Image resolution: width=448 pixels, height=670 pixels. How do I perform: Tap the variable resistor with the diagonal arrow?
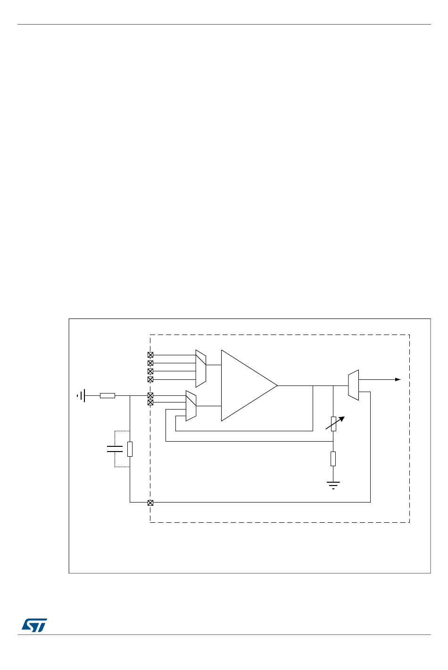click(333, 424)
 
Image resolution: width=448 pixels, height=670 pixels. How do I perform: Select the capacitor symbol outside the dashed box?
click(115, 448)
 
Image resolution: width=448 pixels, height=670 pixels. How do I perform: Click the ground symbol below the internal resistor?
click(333, 484)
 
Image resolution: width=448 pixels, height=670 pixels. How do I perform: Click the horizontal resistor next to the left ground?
click(108, 395)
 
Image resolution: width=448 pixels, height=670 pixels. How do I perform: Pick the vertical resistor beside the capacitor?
click(130, 449)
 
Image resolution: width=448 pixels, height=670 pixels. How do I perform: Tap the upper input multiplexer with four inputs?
click(201, 367)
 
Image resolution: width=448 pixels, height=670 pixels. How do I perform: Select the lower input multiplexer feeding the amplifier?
click(191, 406)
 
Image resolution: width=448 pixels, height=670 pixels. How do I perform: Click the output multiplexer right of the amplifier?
click(353, 385)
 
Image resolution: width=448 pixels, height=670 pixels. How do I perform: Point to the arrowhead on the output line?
click(398, 379)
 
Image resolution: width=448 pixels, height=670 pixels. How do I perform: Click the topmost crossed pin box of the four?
click(150, 355)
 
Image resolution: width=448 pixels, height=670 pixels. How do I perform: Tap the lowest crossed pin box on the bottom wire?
click(150, 502)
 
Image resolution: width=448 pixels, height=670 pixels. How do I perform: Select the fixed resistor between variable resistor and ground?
click(333, 458)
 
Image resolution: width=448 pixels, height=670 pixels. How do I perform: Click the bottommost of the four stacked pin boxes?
click(150, 379)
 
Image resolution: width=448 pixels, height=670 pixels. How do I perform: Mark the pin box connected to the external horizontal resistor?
click(150, 395)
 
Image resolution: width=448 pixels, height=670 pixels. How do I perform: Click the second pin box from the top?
click(150, 363)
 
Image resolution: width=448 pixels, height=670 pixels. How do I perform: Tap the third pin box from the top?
click(150, 371)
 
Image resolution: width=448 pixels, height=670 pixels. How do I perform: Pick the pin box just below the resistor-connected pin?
click(150, 402)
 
